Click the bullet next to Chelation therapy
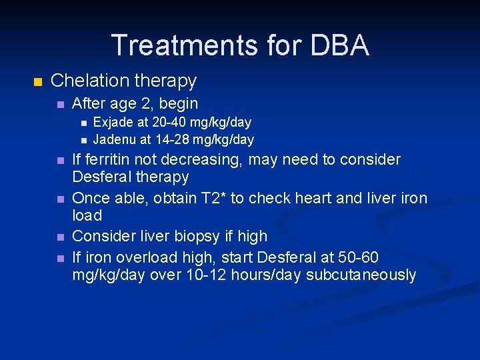point(37,82)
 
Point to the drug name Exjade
point(113,122)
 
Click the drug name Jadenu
point(114,139)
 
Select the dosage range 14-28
point(171,139)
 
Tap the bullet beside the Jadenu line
point(83,140)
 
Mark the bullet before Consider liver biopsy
point(61,237)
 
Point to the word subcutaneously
point(361,275)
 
